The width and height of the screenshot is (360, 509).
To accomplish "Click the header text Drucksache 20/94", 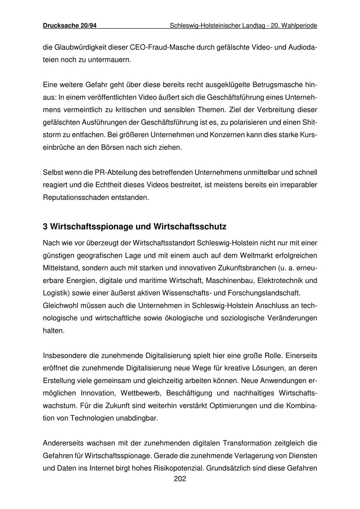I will pyautogui.click(x=70, y=26).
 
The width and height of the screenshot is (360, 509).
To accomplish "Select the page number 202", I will pyautogui.click(x=180, y=479).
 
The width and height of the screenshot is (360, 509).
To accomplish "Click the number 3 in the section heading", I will pyautogui.click(x=45, y=227).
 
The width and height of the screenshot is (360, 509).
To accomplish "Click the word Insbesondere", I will pyautogui.click(x=63, y=355).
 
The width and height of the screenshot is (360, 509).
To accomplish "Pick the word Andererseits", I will pyautogui.click(x=64, y=443).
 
